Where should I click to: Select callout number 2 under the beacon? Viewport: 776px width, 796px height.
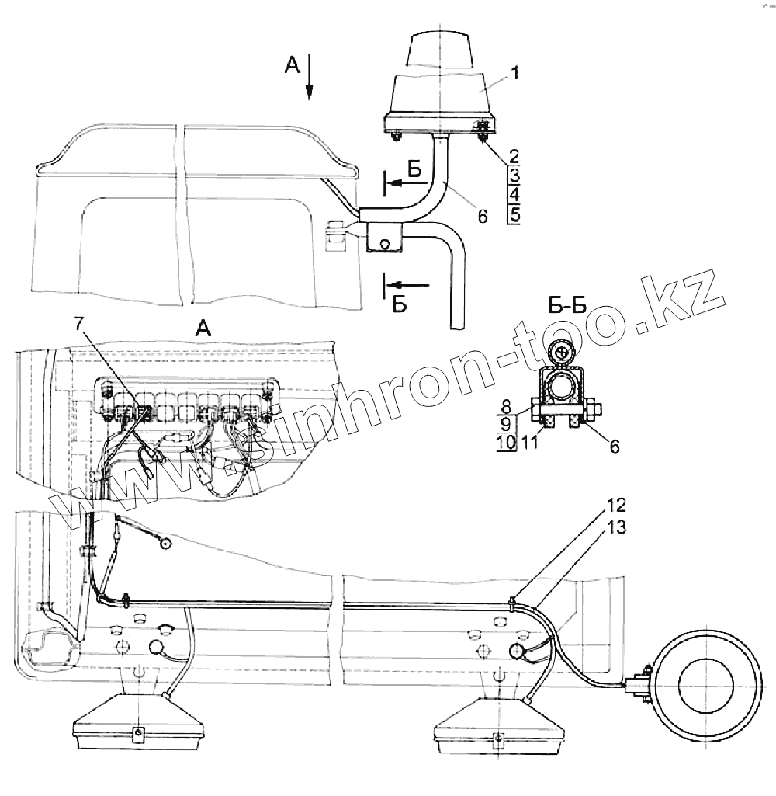click(x=514, y=155)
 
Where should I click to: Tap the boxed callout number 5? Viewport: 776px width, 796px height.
click(x=514, y=214)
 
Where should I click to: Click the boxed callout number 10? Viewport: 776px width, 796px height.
click(x=506, y=443)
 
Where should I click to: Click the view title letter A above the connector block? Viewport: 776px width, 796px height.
click(x=203, y=329)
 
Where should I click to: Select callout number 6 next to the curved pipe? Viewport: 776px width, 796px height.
click(x=482, y=218)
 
